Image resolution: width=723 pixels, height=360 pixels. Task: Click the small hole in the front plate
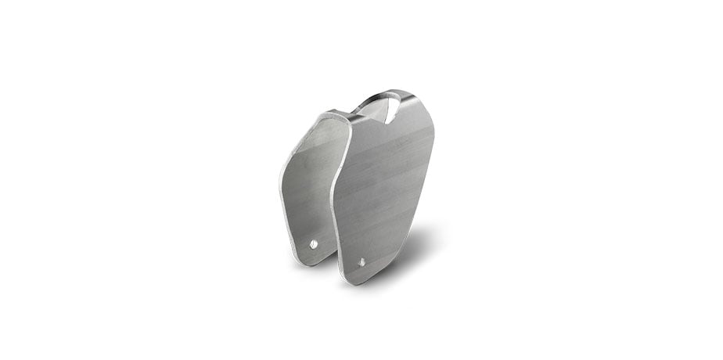pos(361,262)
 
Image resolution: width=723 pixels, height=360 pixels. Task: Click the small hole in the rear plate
pos(314,243)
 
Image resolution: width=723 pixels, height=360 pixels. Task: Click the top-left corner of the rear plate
pos(320,117)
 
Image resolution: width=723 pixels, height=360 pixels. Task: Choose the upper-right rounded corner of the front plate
pos(426,117)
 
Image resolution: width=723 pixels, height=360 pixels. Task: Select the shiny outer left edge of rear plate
pos(283,188)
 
